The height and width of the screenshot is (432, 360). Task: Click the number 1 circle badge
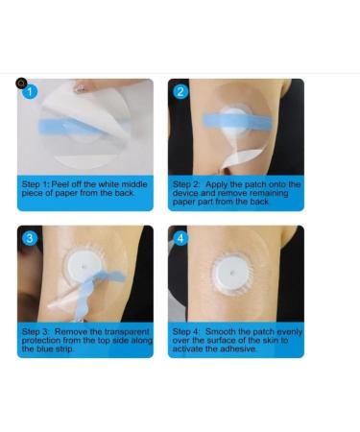pos(30,92)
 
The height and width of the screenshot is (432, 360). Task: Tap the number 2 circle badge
pos(181,92)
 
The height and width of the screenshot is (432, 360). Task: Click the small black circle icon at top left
pos(21,84)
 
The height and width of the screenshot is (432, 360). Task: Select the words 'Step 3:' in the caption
pos(36,331)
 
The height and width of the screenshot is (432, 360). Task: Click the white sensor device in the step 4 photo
pos(231,274)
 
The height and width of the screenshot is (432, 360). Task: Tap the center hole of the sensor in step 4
pos(231,273)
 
